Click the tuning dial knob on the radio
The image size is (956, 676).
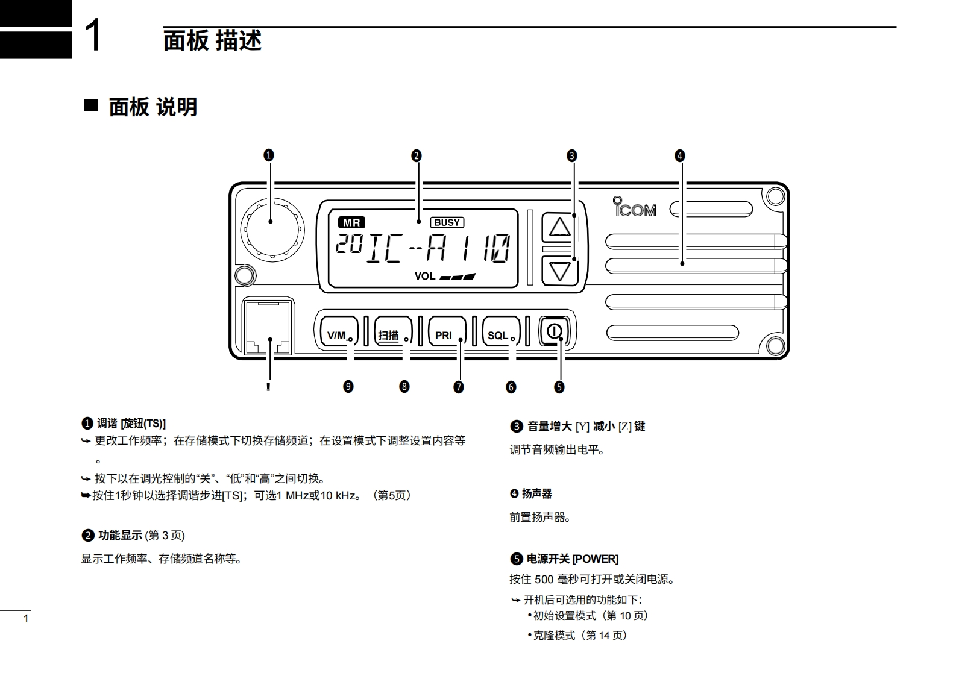[x=272, y=230]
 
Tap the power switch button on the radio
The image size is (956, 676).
[x=555, y=331]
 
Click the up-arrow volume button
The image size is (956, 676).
[x=560, y=228]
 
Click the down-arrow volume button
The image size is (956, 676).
[x=560, y=271]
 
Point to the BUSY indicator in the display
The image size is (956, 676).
[x=447, y=222]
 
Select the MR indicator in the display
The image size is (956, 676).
[x=351, y=222]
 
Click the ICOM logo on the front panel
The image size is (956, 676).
[x=634, y=207]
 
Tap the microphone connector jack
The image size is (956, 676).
[x=268, y=328]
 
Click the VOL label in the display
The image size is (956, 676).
[x=424, y=277]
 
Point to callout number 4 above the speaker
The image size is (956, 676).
[x=680, y=155]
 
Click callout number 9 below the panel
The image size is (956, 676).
[x=348, y=386]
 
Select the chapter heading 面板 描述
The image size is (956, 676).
[x=212, y=40]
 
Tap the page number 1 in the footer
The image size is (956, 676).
[x=25, y=619]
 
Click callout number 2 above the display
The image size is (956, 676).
[x=416, y=155]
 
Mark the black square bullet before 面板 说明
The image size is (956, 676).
[x=90, y=105]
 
